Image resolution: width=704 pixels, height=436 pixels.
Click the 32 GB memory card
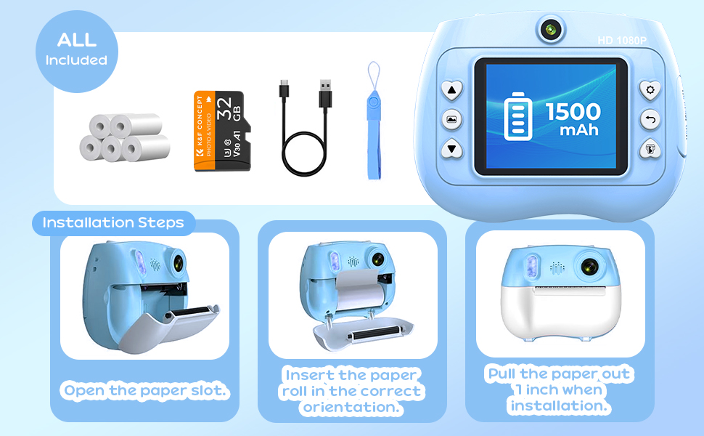click(x=222, y=131)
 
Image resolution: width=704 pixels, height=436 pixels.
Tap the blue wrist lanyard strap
click(x=374, y=121)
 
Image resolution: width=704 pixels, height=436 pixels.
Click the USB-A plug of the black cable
click(x=326, y=93)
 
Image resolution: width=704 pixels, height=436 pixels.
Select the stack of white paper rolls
click(x=125, y=137)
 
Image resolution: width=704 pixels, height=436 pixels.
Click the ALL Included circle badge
click(x=77, y=52)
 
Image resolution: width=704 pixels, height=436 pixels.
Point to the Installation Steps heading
click(x=113, y=222)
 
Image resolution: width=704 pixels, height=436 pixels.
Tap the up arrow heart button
click(x=452, y=90)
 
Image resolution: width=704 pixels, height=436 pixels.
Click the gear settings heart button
click(x=650, y=90)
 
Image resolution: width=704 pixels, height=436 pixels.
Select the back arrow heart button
click(x=650, y=120)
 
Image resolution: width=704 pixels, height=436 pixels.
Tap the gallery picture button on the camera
click(x=451, y=120)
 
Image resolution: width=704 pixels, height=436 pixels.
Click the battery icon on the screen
click(x=518, y=116)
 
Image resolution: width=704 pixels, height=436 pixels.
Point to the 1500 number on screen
click(x=573, y=111)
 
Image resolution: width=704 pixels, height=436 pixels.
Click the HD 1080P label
click(x=622, y=41)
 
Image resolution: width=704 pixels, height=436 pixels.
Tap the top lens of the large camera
click(x=551, y=30)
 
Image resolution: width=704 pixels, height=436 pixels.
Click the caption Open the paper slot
click(x=145, y=391)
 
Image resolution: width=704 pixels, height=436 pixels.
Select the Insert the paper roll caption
click(x=351, y=391)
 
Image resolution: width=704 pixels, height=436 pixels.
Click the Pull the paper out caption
click(x=559, y=389)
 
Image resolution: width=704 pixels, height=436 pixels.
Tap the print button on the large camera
click(x=650, y=149)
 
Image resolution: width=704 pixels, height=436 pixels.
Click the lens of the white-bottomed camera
click(x=589, y=267)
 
